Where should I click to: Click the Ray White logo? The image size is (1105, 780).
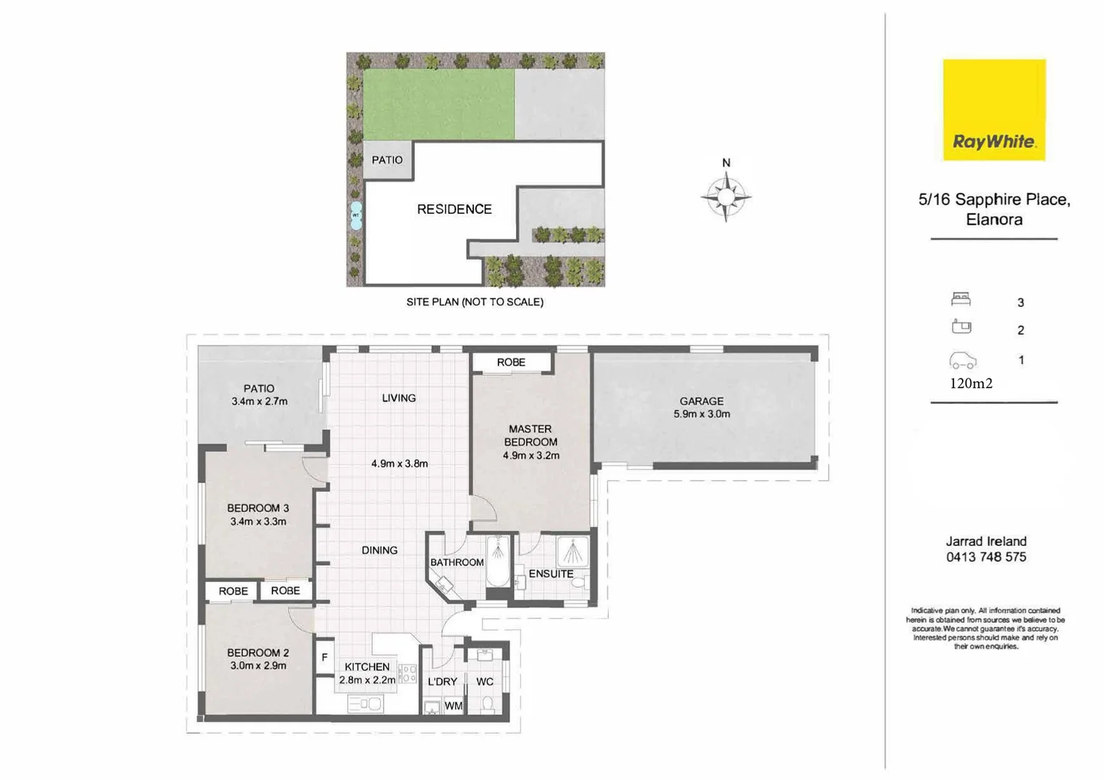[x=994, y=110]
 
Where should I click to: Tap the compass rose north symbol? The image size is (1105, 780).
[x=726, y=194]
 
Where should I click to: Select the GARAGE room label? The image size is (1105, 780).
[x=701, y=401]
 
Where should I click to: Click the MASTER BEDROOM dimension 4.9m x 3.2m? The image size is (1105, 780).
[x=531, y=456]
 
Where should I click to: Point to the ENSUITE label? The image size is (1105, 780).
[x=551, y=573]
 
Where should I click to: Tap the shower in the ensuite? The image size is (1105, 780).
[x=573, y=552]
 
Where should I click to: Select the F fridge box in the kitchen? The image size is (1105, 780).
[x=324, y=658]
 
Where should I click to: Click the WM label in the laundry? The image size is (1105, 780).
[x=453, y=706]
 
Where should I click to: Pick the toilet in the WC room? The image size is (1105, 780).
[x=487, y=703]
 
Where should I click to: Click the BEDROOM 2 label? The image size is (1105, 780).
[x=258, y=652]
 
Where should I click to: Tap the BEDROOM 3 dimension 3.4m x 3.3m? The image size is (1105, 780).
[x=258, y=521]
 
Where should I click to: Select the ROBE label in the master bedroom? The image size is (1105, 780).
[x=511, y=362]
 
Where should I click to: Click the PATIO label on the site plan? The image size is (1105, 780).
[x=387, y=160]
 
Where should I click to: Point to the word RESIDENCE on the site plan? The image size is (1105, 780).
[x=454, y=209]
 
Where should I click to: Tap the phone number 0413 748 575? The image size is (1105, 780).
[x=986, y=557]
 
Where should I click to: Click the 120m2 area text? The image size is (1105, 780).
[x=971, y=383]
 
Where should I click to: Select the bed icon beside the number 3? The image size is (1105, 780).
[x=960, y=299]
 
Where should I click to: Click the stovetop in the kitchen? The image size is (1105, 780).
[x=408, y=674]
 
